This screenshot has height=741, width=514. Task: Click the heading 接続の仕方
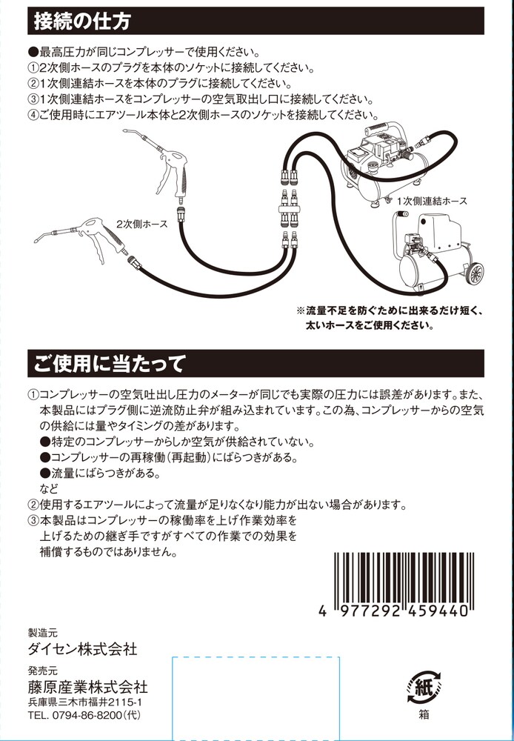click(x=83, y=21)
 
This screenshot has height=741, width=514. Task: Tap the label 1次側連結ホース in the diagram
click(x=431, y=201)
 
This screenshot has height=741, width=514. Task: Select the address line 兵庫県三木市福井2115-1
click(x=85, y=702)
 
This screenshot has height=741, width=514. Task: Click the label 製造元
click(x=42, y=634)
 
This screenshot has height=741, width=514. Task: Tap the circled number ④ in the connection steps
click(x=33, y=115)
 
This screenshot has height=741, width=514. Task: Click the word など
click(x=48, y=488)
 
